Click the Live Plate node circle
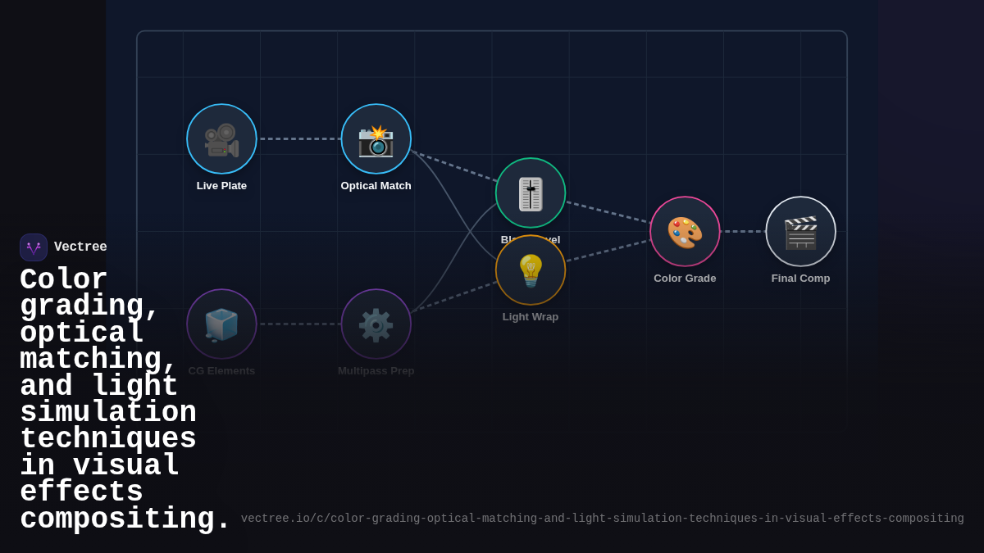pos(221,139)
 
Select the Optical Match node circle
pos(376,139)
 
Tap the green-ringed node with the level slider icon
pos(531,193)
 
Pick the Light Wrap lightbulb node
pos(531,270)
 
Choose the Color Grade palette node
pos(685,232)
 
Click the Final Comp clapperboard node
pos(800,232)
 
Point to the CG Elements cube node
pos(221,324)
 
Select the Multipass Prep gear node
pos(376,324)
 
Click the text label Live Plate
pos(221,186)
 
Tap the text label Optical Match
pos(376,186)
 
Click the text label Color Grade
pos(685,279)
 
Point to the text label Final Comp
pos(800,279)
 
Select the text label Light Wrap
pos(531,317)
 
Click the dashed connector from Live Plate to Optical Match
pos(299,139)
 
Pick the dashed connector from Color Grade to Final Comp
pos(743,232)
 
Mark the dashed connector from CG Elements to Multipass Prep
pos(299,324)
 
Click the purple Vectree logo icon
pos(34,247)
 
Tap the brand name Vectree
pos(80,247)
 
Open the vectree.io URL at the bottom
pos(602,519)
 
